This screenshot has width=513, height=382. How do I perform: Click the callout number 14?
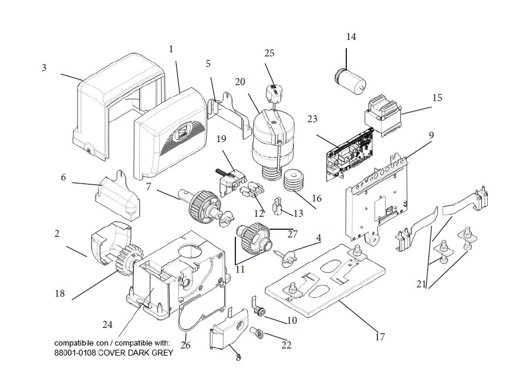[351, 36]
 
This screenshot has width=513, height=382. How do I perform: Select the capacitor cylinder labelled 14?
[350, 80]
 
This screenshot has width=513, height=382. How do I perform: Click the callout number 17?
[380, 337]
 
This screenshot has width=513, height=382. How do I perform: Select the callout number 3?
[44, 68]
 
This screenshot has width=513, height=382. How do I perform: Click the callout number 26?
[185, 346]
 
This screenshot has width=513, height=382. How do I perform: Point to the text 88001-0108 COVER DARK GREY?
[113, 353]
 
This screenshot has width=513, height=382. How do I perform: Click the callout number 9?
[431, 135]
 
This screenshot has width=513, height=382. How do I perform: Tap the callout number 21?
[421, 284]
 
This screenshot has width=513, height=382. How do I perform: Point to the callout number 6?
[63, 177]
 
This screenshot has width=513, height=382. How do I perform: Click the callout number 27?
[292, 234]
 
